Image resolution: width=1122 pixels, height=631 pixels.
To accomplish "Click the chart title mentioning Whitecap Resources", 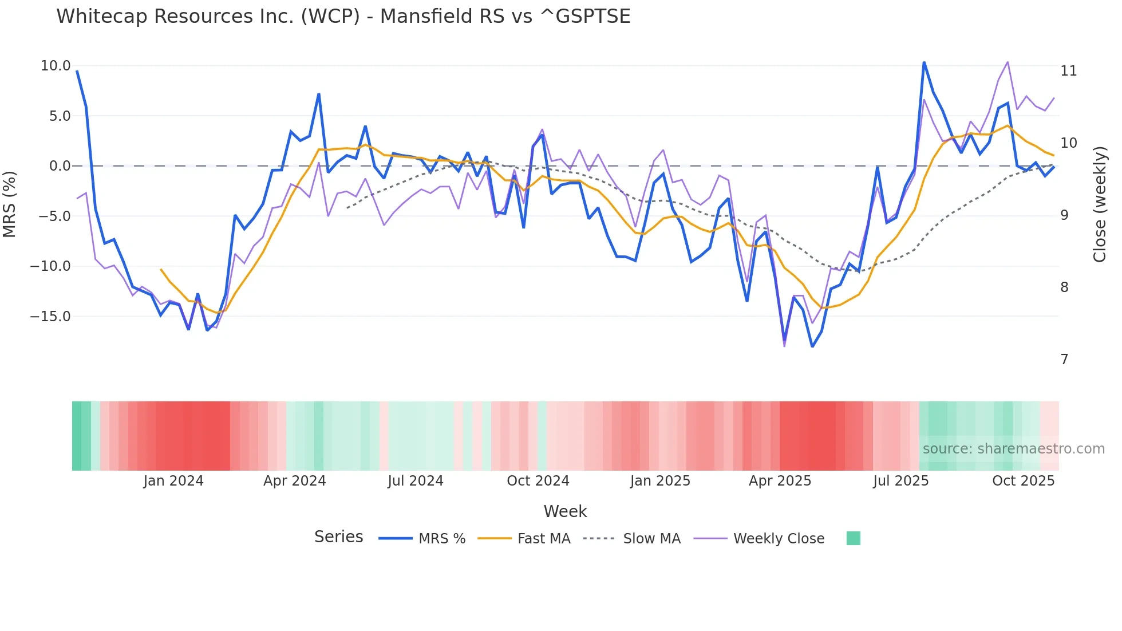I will pos(343,17).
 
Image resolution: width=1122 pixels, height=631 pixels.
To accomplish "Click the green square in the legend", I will pos(853,538).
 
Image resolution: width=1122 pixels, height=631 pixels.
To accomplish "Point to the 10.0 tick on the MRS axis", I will pos(56,66).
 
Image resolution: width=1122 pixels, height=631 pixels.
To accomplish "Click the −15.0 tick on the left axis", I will pos(50,316).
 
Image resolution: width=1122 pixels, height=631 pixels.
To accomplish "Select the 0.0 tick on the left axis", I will pos(60,166).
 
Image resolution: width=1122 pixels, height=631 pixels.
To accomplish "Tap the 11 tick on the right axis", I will pos(1068,71).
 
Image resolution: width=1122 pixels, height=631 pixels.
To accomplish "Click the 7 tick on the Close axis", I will pos(1064,360).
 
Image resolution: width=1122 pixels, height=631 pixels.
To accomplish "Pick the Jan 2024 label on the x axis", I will pos(173,481).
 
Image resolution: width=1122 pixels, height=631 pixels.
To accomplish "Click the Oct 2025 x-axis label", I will pos(1023,481).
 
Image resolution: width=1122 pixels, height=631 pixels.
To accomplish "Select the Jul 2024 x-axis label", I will pos(416,481).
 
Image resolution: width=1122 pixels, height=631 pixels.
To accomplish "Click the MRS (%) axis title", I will pos(10,204).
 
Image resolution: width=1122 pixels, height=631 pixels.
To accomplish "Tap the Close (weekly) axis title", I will pos(1099,204).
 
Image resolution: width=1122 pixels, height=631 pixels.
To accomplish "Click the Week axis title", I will pos(565,511).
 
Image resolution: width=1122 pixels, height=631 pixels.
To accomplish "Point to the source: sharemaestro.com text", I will pos(1013,449).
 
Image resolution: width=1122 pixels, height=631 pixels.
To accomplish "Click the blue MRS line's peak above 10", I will pos(923,62).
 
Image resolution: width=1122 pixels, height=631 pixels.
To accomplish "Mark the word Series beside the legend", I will pos(338,537).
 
